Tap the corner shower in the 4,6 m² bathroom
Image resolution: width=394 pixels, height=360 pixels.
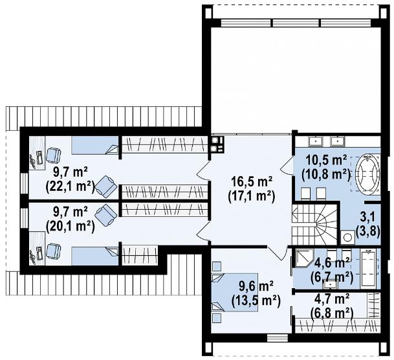[x=302, y=259]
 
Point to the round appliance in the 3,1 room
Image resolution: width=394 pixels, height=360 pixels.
[x=347, y=237]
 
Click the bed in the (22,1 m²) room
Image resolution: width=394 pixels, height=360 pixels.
[x=95, y=146]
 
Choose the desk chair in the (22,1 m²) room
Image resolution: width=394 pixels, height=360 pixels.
[x=53, y=155]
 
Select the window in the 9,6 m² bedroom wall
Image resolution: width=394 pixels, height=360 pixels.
[x=278, y=337]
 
